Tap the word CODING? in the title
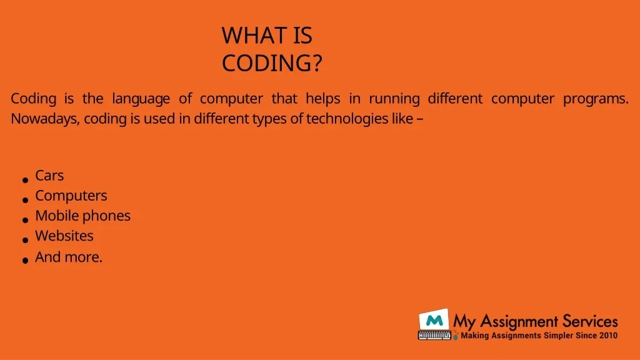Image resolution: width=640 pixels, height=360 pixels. [272, 63]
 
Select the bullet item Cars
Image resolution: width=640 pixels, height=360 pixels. [49, 176]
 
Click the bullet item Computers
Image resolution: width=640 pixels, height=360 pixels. [71, 196]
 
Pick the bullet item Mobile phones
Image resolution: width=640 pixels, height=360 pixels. [83, 216]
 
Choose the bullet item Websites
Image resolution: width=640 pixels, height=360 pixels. [64, 236]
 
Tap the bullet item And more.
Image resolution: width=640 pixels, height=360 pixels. [69, 257]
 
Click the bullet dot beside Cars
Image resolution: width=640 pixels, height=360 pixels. [25, 180]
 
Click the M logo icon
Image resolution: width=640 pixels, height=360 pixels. [434, 320]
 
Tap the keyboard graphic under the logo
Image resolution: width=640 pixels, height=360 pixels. [435, 336]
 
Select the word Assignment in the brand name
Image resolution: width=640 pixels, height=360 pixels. [519, 322]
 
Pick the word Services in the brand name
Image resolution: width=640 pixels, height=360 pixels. [590, 322]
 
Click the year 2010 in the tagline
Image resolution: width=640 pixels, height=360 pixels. [608, 336]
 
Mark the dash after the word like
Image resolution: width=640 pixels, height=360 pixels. [420, 119]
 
